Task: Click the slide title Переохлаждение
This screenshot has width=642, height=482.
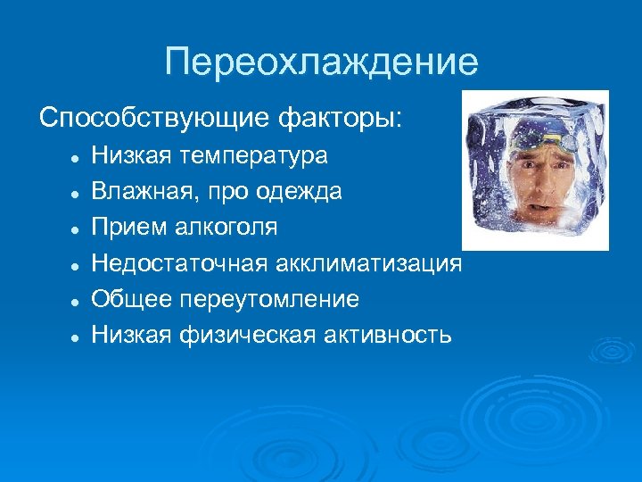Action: (321, 62)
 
